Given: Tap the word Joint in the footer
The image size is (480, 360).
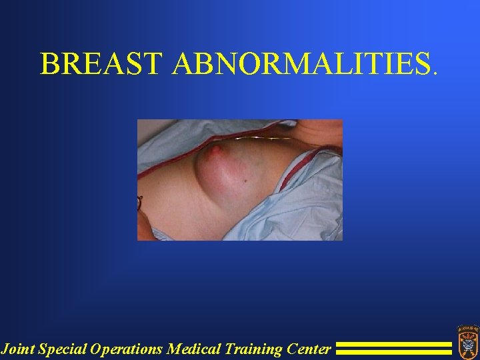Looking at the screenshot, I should [17, 348].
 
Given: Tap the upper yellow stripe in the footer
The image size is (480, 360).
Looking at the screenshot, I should [393, 345].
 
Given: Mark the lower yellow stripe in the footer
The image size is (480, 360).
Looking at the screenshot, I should [393, 352].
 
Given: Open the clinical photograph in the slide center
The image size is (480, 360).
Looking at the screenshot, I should [240, 180].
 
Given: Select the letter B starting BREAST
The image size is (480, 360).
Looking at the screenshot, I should [49, 63].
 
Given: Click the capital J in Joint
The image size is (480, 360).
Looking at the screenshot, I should [5, 348].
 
